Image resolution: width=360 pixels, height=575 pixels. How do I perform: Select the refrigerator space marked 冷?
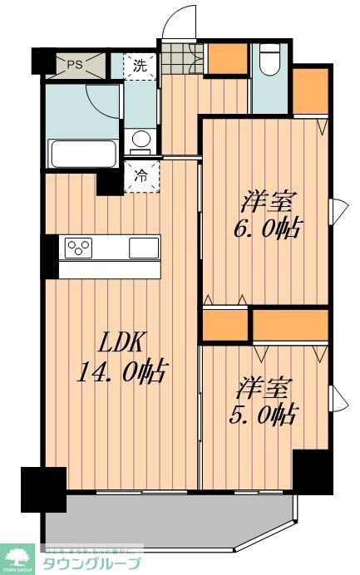pos(141,175)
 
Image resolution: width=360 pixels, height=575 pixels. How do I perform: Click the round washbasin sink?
pos(142,139)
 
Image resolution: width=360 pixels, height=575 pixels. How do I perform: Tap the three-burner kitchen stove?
pos(81,248)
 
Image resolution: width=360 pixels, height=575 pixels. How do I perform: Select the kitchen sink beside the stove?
pos(143,247)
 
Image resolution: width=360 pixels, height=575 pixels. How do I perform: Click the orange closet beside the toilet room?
pos(223,59)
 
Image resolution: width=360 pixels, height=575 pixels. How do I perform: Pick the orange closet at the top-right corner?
pos(309,91)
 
